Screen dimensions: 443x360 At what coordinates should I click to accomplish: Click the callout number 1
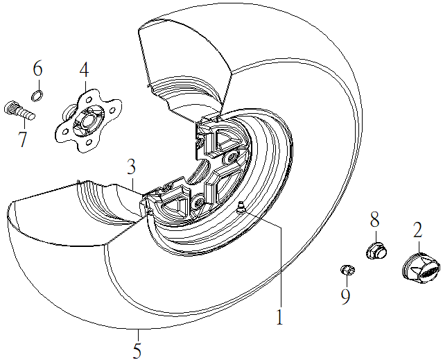click(x=279, y=316)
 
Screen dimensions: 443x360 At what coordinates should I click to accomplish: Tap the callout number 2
click(x=417, y=230)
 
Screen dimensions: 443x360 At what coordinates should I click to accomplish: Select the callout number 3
click(x=131, y=166)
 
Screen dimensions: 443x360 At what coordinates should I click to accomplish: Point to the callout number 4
click(x=84, y=70)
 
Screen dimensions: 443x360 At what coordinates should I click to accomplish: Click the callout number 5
click(x=137, y=351)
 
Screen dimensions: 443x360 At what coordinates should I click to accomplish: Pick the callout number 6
click(x=37, y=68)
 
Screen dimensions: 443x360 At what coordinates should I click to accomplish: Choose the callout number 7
click(x=23, y=139)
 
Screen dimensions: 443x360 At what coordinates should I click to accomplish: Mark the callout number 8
click(x=374, y=219)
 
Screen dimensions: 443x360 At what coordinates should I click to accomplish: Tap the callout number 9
click(x=345, y=296)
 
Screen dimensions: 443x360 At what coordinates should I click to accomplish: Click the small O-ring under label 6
click(x=37, y=95)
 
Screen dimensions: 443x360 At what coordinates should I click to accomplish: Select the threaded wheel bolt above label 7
click(x=19, y=110)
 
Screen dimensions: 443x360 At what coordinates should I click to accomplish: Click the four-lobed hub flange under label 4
click(x=88, y=121)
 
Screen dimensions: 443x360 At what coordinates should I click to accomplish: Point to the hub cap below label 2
click(x=421, y=268)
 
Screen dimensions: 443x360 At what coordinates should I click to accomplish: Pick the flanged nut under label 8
click(x=376, y=250)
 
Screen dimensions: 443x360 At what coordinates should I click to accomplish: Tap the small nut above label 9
click(x=347, y=270)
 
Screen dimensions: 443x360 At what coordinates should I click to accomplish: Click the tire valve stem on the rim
click(x=241, y=207)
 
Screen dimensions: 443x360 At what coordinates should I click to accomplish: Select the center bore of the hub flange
click(x=89, y=121)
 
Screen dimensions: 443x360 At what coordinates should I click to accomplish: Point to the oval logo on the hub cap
click(x=428, y=272)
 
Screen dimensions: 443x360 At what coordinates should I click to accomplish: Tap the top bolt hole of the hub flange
click(x=89, y=100)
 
